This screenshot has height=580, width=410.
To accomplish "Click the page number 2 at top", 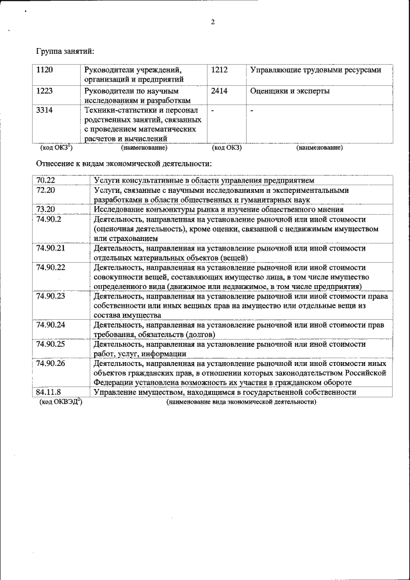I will [x=213, y=22].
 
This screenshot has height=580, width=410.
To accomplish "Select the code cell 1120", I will [x=45, y=69].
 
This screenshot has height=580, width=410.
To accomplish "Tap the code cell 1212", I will [x=219, y=69].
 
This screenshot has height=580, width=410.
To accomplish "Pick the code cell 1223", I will [x=45, y=90].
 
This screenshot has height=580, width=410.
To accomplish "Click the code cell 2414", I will [x=219, y=90].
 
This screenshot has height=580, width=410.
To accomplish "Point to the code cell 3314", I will [x=45, y=111].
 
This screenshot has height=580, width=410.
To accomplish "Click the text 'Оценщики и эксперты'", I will [x=290, y=90].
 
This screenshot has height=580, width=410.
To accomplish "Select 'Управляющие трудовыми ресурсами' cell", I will [x=316, y=69].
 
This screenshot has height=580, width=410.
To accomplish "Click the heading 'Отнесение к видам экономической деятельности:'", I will [x=124, y=163].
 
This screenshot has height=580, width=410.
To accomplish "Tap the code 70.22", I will [x=46, y=181].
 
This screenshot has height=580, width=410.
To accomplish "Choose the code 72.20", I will [x=46, y=190].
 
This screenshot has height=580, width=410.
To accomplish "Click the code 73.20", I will [x=46, y=209].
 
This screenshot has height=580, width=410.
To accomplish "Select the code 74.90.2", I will [x=49, y=219].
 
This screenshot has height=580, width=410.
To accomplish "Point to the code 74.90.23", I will [x=51, y=296].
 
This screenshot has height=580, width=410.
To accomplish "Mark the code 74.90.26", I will [x=51, y=363].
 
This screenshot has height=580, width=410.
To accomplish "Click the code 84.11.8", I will [x=48, y=392].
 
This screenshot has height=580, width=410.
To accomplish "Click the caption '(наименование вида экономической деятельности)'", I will [x=241, y=402].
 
